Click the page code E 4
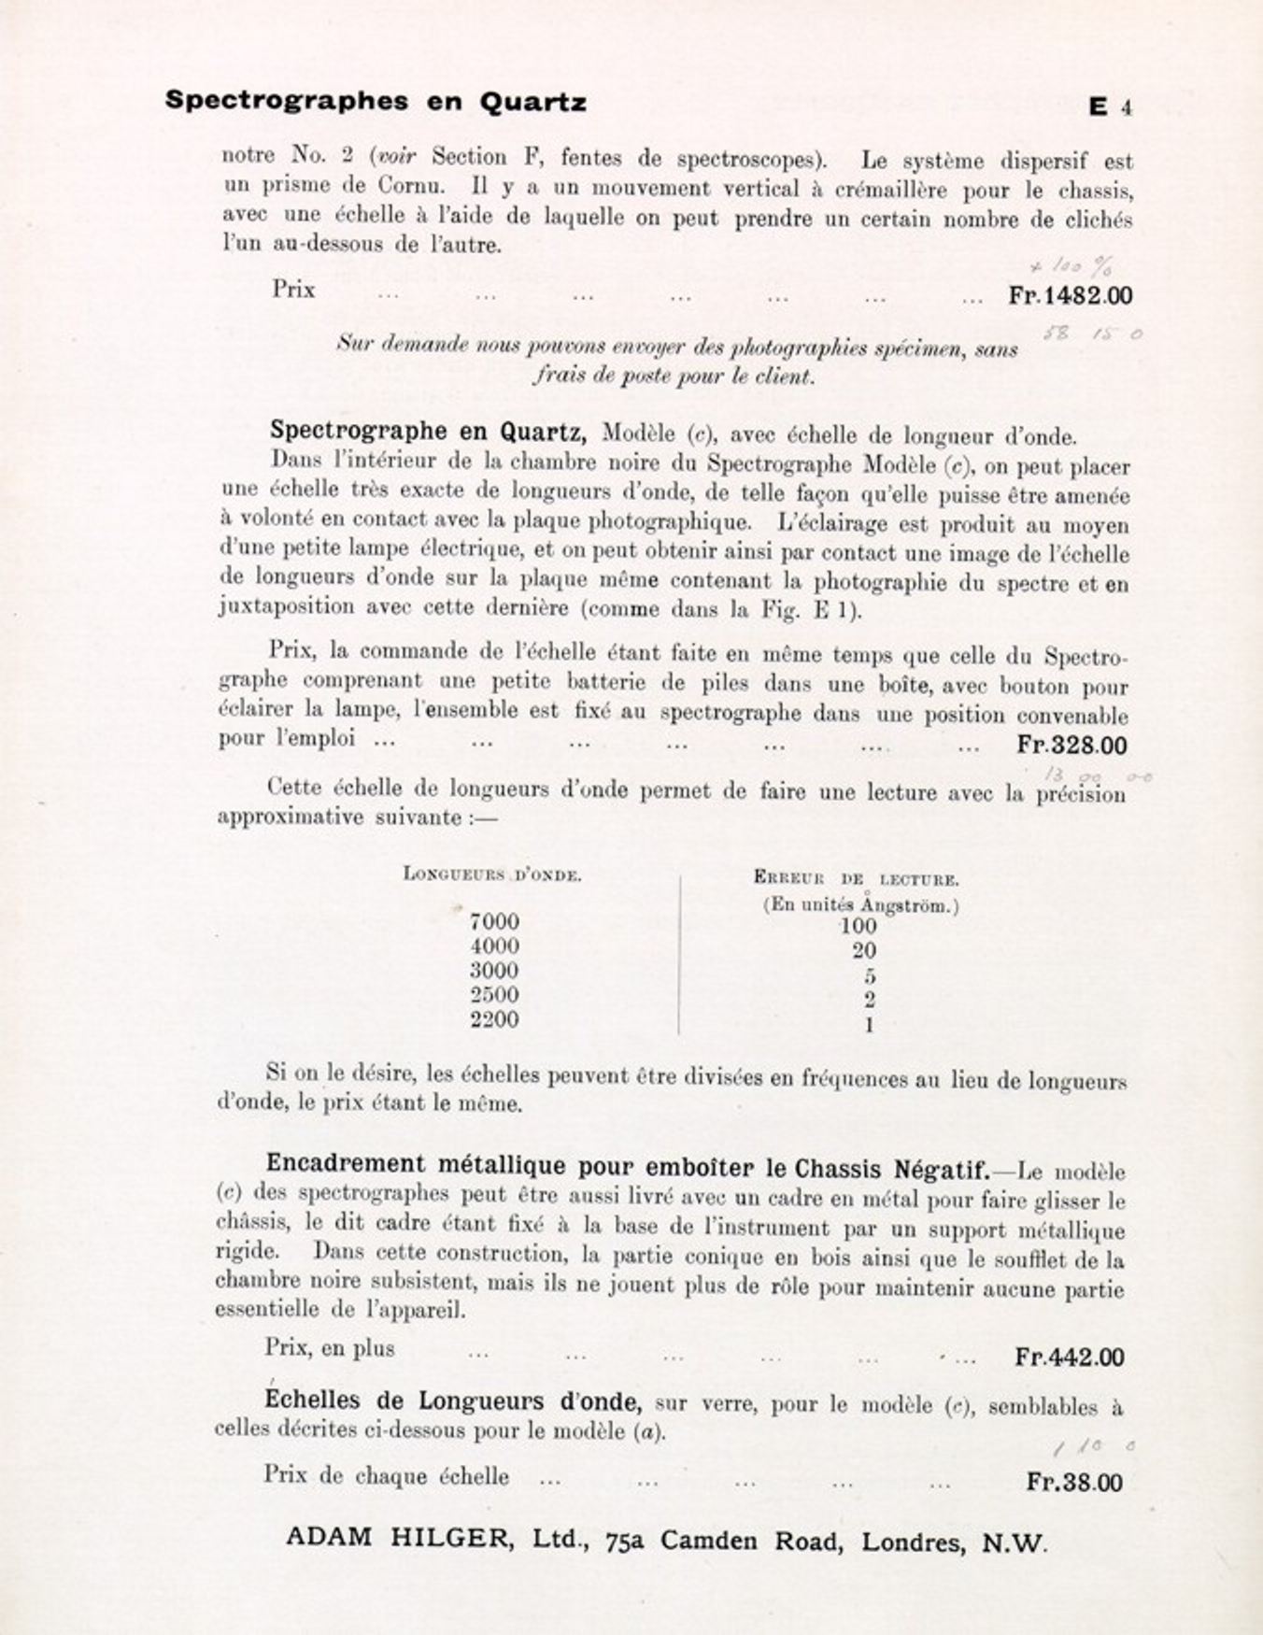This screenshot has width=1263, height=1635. pos(1110,107)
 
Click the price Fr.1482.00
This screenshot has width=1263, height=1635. pos(1071,296)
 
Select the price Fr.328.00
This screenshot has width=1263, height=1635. pos(1071,745)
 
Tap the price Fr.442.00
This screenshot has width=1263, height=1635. pos(1069,1357)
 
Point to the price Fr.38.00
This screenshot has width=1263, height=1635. pos(1074,1482)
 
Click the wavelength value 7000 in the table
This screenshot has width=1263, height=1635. pos(494,922)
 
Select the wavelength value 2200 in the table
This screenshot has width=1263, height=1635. pos(494,1019)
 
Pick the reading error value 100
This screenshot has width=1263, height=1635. pos(859,926)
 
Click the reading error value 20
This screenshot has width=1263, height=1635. pos(864,951)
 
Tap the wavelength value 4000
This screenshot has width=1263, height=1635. pos(494,946)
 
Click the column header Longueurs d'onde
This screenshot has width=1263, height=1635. pos(492,874)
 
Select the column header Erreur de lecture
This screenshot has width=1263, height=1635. pos(856,879)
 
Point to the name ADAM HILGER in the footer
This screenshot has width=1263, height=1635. pos(400,1537)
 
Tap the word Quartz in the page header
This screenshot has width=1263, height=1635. pos(533,102)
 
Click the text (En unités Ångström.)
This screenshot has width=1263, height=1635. pos(860,904)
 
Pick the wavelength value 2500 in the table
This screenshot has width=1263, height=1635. pos(494,995)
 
